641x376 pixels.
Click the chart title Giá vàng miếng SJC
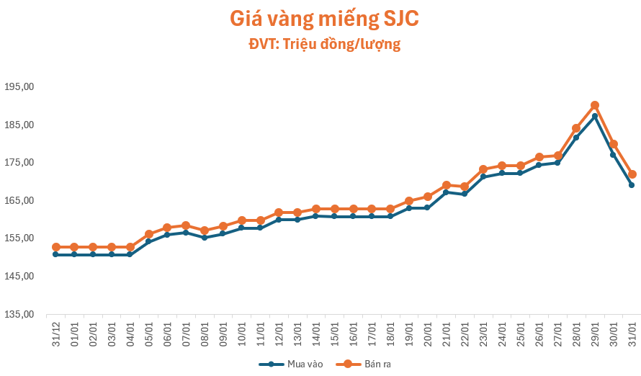[323, 19]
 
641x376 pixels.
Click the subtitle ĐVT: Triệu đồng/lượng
[324, 45]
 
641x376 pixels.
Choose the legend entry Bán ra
[367, 364]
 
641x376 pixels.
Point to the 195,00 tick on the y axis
[20, 87]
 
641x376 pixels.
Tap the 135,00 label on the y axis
[20, 315]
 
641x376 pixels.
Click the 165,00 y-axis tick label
[20, 201]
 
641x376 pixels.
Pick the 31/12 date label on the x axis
[56, 331]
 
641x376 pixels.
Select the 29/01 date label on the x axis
[596, 331]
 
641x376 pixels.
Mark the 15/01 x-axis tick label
[335, 331]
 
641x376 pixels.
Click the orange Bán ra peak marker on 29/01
[595, 105]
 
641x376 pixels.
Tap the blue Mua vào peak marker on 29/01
[595, 116]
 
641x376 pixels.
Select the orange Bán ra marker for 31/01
[632, 174]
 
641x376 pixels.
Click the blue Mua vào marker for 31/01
[632, 185]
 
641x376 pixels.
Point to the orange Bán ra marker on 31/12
[56, 247]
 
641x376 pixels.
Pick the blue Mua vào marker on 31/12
[56, 254]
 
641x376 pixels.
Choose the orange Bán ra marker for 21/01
[447, 185]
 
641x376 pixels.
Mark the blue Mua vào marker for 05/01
[149, 241]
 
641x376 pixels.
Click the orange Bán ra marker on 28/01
[576, 128]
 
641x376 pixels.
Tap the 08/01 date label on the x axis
[205, 331]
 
